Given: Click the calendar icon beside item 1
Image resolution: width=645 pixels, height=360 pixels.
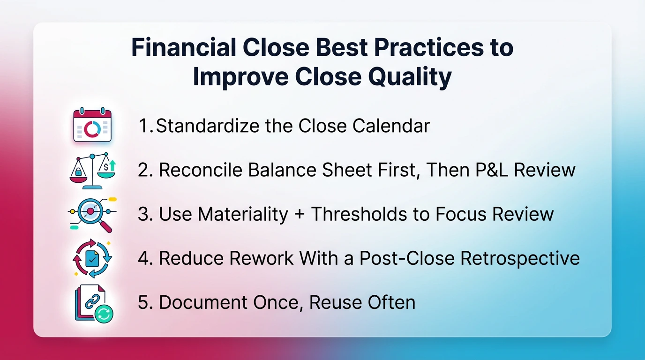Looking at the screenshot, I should click(x=92, y=125).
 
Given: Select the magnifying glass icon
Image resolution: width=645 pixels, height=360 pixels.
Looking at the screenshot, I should click(x=92, y=214).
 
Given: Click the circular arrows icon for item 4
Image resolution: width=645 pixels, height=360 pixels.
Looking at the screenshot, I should click(x=92, y=258).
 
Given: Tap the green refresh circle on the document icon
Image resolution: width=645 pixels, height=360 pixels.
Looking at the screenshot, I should click(x=104, y=314).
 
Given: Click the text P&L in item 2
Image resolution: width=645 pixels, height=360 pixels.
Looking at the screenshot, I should click(x=492, y=170).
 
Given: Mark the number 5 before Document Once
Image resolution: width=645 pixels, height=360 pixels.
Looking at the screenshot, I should click(x=142, y=302).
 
